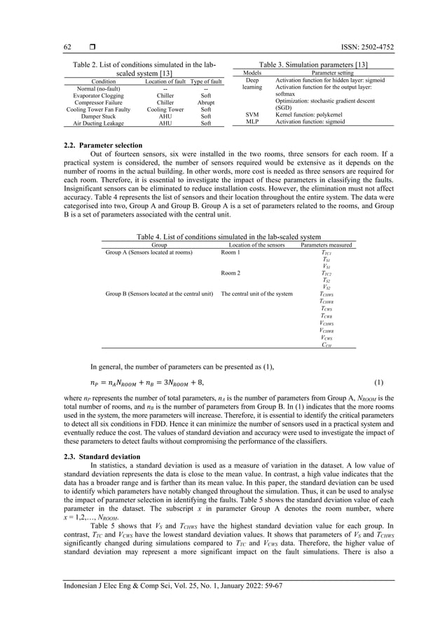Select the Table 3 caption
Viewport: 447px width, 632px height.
[x=315, y=64]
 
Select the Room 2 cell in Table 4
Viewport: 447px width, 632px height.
[x=232, y=274]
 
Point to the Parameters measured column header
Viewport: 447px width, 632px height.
[x=326, y=245]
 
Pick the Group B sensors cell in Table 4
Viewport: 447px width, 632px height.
[x=159, y=294]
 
